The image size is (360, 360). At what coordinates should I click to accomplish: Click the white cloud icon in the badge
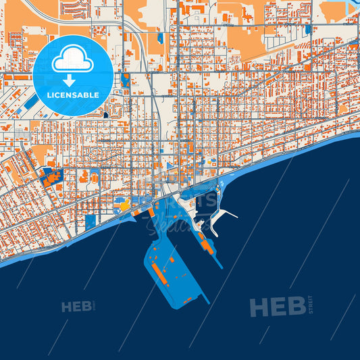73,61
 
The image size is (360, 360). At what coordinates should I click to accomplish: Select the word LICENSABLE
73,95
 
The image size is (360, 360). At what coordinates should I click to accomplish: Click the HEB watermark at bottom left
76,307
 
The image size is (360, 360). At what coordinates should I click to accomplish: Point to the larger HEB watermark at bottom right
277,307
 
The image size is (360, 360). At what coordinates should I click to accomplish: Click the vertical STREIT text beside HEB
310,305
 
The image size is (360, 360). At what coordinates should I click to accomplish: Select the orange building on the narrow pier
209,247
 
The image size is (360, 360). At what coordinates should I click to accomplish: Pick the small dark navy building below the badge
105,115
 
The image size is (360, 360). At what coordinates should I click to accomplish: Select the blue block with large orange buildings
51,176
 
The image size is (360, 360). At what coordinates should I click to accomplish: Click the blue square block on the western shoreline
91,221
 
